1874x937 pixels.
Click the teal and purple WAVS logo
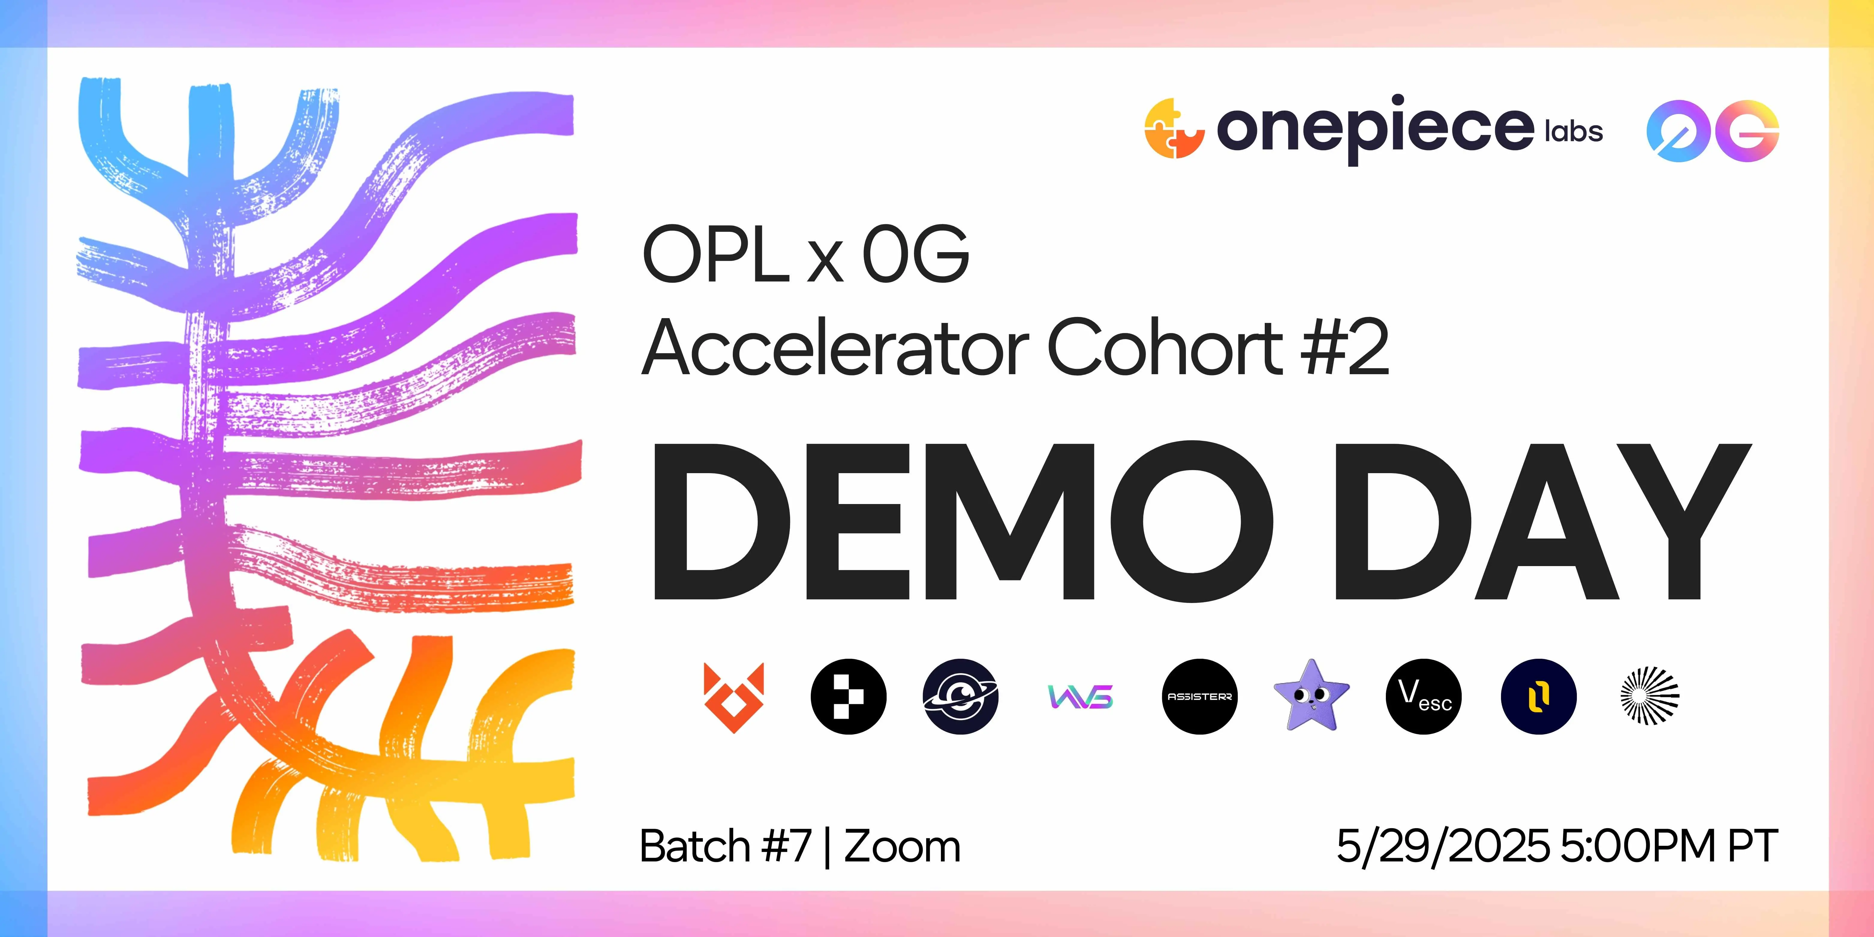click(x=1080, y=697)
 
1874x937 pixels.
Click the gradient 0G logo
click(x=1712, y=131)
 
